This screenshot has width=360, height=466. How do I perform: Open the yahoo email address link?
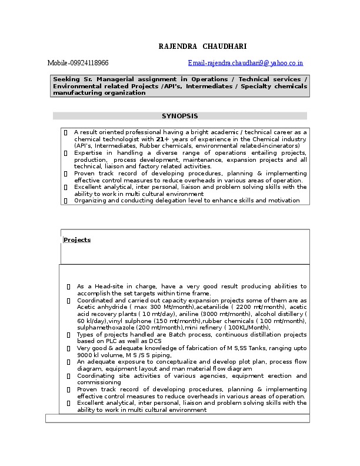click(x=245, y=63)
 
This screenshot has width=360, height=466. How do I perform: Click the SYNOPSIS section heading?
click(x=179, y=116)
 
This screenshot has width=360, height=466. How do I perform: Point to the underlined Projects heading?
click(x=77, y=240)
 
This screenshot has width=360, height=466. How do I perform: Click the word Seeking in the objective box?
click(x=66, y=79)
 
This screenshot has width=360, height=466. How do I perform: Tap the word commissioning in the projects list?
click(x=98, y=382)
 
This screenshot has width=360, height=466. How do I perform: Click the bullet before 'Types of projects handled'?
click(x=69, y=335)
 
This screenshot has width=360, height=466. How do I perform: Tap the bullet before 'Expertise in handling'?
click(x=65, y=152)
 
